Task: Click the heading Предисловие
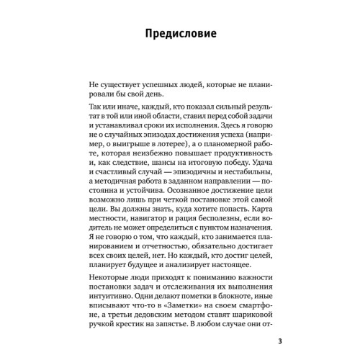pos(180,33)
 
